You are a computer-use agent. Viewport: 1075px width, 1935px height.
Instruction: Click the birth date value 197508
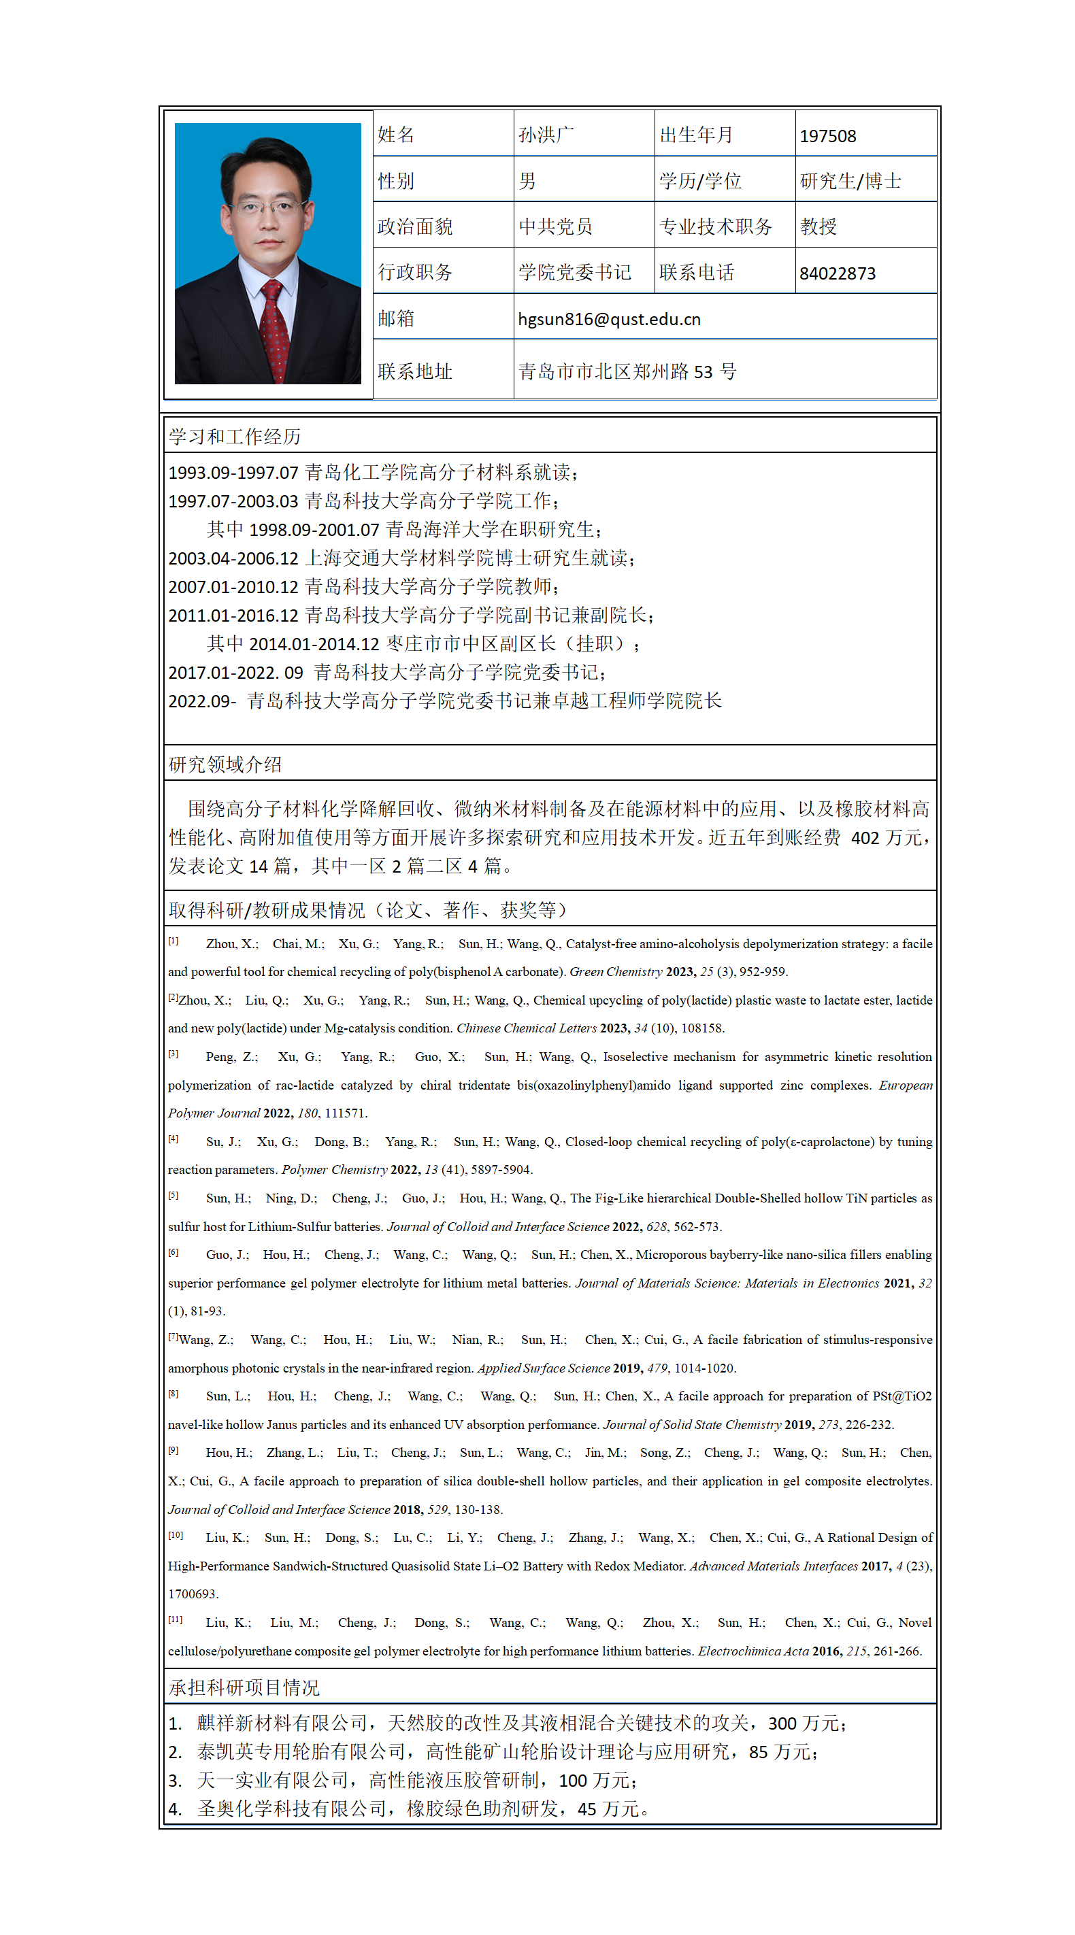[827, 136]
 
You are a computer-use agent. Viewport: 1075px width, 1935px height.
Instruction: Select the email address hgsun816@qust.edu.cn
[608, 319]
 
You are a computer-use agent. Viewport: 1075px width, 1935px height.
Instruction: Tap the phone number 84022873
[837, 273]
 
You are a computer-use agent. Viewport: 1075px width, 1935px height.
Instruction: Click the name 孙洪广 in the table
[546, 135]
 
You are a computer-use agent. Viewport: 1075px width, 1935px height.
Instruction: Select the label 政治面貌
[414, 227]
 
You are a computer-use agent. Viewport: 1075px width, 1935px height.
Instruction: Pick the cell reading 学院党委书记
[574, 273]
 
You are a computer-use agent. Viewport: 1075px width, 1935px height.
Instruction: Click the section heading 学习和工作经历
[234, 437]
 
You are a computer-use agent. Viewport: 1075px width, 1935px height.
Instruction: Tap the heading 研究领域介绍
[225, 764]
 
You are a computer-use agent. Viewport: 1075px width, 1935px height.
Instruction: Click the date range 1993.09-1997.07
[233, 473]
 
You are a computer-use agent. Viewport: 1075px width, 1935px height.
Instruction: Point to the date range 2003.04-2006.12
[233, 559]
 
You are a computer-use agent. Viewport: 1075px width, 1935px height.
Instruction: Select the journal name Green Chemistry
[615, 972]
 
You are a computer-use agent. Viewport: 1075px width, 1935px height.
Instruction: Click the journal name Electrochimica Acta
[752, 1651]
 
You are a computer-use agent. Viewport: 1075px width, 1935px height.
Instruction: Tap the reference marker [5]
[173, 1195]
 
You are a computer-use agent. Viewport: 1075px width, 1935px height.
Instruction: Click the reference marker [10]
[175, 1534]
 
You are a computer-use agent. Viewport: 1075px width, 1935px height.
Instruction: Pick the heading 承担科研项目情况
[244, 1688]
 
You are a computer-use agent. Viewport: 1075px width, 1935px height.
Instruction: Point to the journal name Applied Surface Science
[543, 1368]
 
